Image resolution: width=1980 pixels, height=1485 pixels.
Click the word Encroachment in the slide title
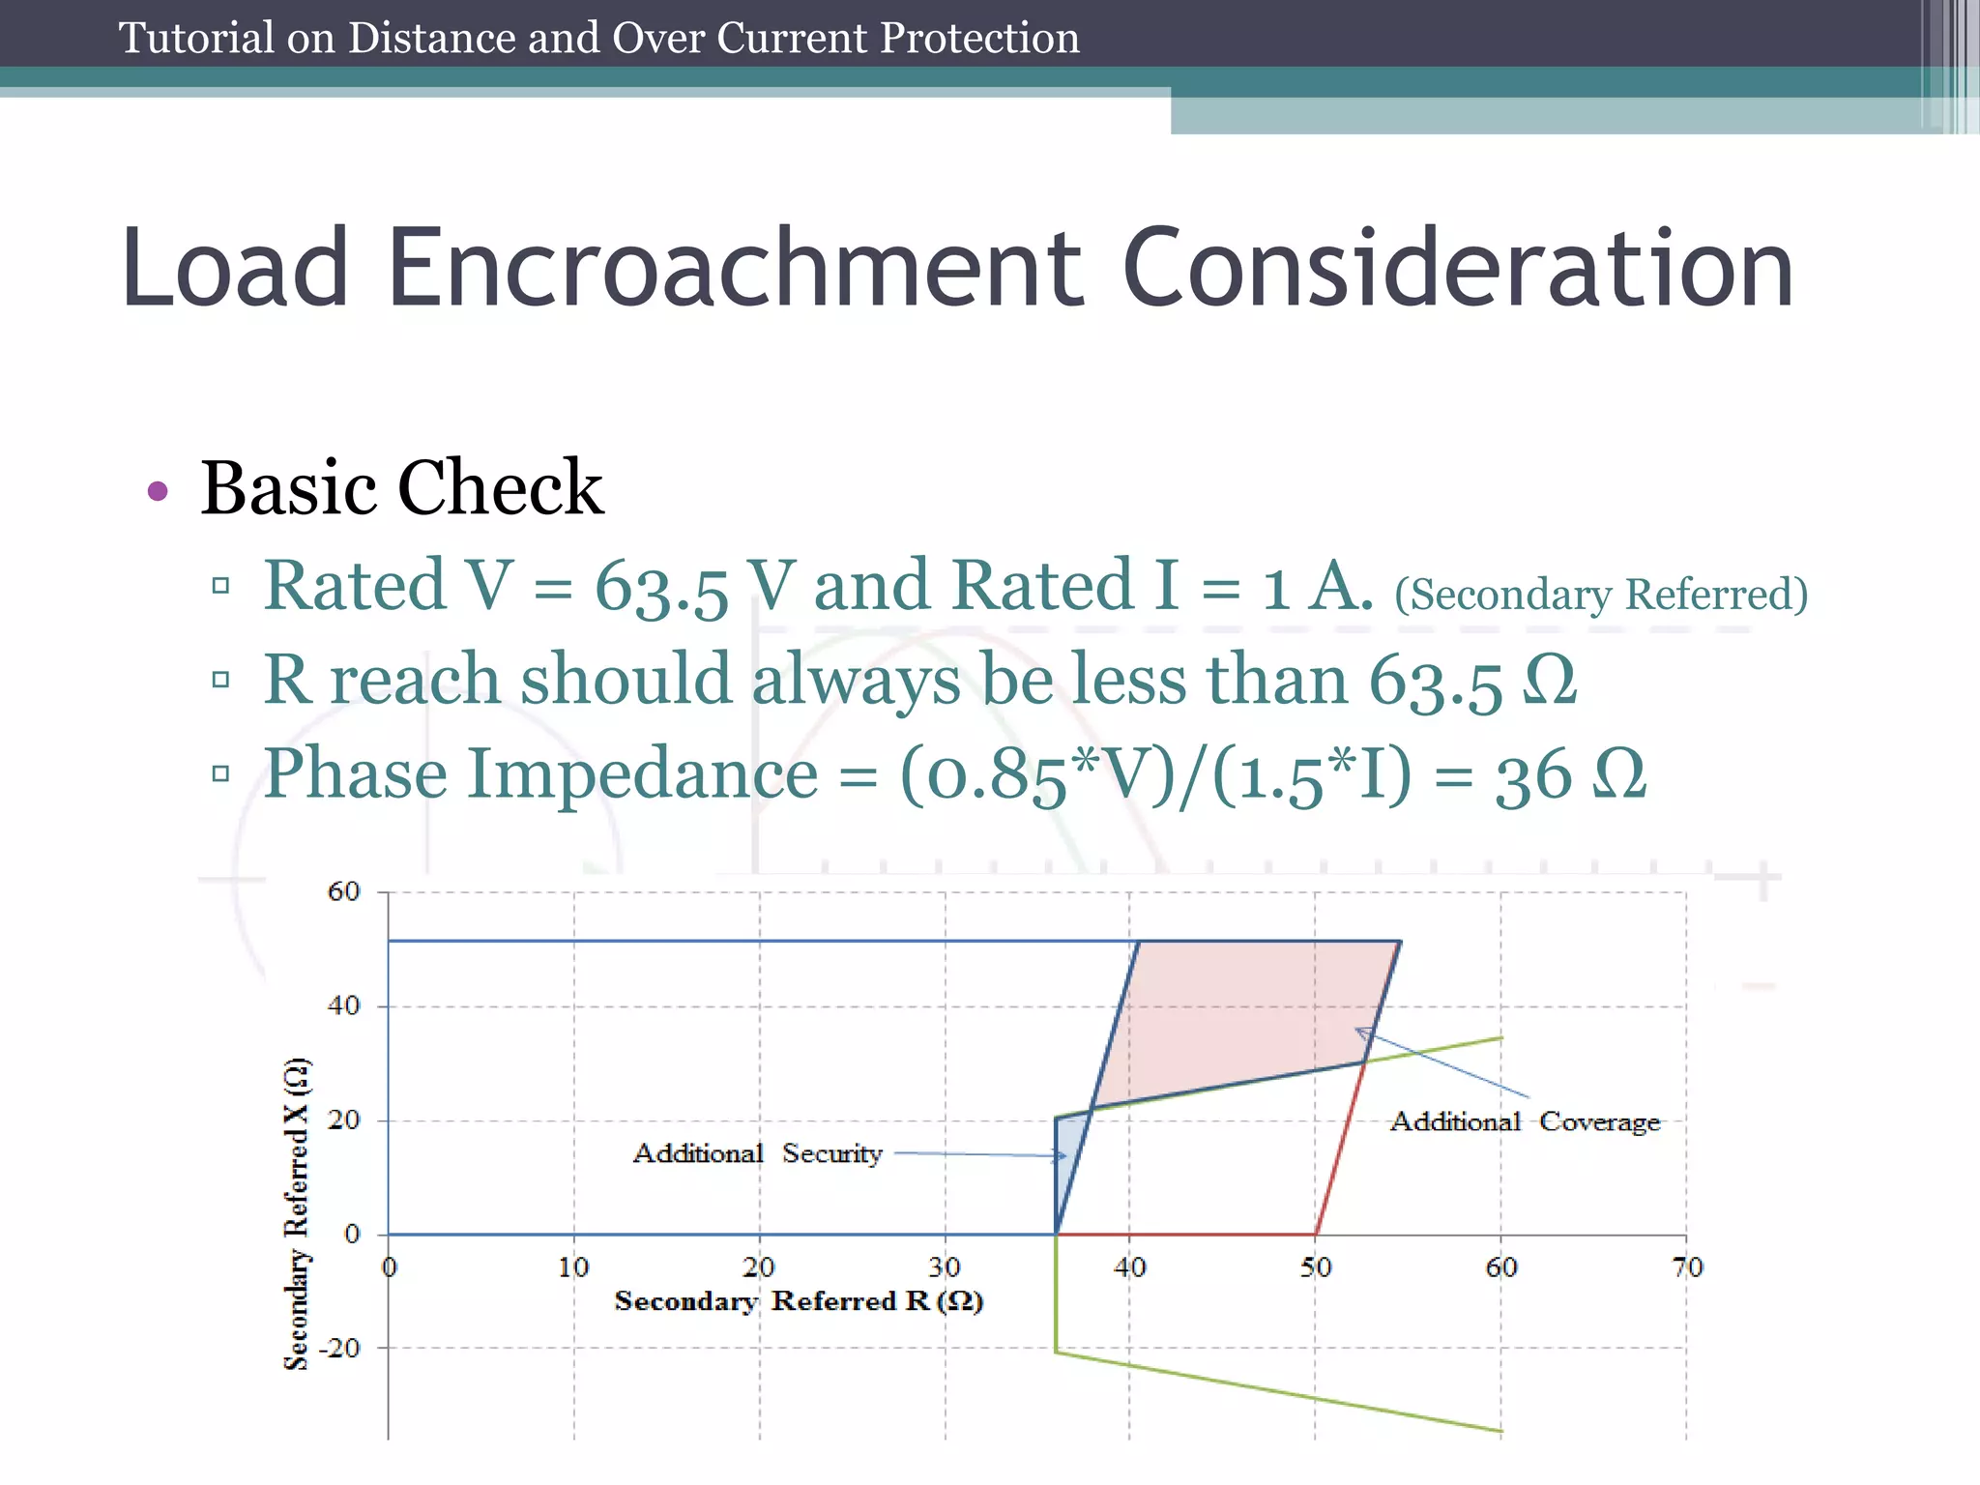(735, 269)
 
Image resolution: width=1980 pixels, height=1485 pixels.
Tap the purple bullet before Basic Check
(158, 491)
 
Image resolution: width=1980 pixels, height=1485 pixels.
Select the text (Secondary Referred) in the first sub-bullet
(1600, 594)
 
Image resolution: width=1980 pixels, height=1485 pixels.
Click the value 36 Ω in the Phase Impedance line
(1568, 775)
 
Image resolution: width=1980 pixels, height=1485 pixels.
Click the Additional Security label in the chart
(757, 1153)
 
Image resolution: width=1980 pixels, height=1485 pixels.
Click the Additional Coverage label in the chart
(1525, 1121)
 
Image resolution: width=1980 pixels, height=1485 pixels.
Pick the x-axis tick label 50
(1315, 1267)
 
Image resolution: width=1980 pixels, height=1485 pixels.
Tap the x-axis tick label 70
(1687, 1267)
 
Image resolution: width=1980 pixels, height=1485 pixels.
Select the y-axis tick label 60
(343, 891)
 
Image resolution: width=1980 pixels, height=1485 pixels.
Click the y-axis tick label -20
(339, 1348)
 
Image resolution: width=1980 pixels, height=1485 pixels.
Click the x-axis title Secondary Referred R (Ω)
(799, 1301)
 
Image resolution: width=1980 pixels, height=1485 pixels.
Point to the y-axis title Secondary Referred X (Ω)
(297, 1213)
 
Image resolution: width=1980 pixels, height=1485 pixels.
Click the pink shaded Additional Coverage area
(1257, 1025)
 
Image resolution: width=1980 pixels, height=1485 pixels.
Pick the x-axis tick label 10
(573, 1267)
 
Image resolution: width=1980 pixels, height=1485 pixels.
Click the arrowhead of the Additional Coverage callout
(1359, 1032)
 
